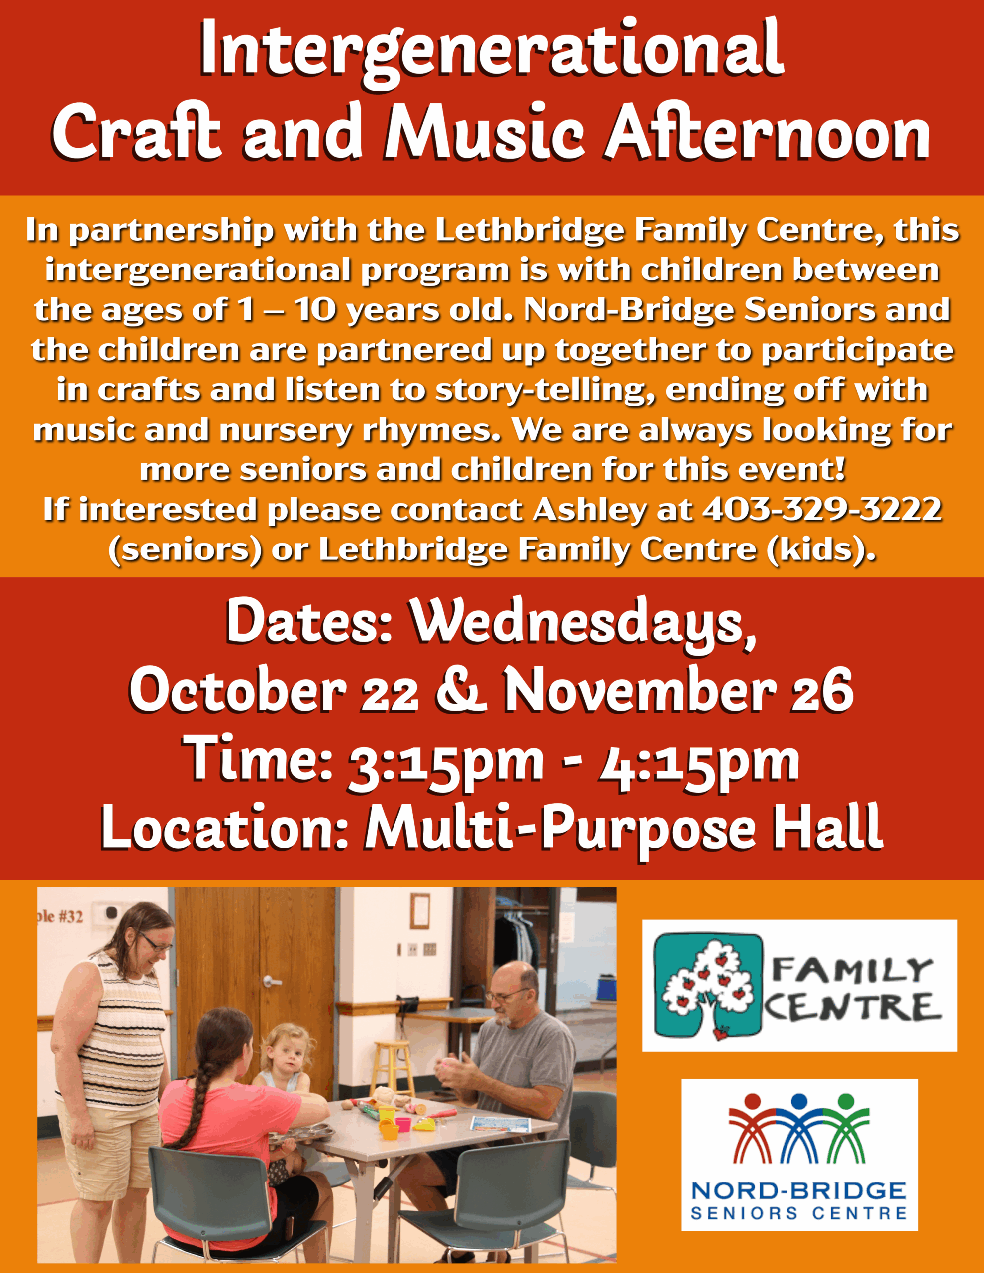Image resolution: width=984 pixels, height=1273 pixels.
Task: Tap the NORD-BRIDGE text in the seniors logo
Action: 798,1190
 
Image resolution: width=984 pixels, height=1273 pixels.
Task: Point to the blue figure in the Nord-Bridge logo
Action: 799,1128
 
